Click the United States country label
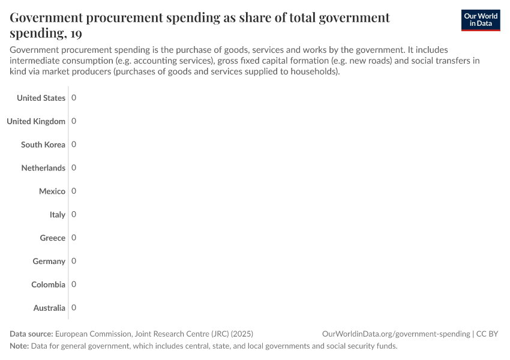click(x=41, y=98)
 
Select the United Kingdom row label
click(x=36, y=121)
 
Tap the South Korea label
click(x=43, y=145)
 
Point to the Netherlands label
click(x=43, y=168)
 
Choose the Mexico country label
click(x=52, y=191)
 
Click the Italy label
click(x=58, y=215)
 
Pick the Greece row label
click(x=53, y=238)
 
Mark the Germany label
click(x=49, y=262)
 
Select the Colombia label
click(x=49, y=285)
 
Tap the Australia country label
click(x=50, y=308)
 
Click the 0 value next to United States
click(x=74, y=98)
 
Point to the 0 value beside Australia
click(x=74, y=308)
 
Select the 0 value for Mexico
click(x=74, y=191)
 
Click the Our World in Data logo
click(x=480, y=20)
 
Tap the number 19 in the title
click(x=76, y=34)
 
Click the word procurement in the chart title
click(x=138, y=18)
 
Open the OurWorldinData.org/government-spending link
click(x=395, y=334)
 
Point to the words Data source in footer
click(x=31, y=334)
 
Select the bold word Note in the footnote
click(x=19, y=346)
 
